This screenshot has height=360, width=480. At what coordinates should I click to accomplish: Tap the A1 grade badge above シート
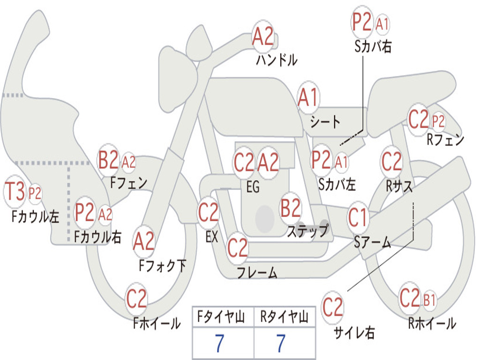click(x=308, y=97)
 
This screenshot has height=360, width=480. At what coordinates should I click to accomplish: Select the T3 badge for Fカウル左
click(x=15, y=191)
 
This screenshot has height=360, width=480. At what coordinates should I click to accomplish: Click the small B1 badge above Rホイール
click(x=429, y=300)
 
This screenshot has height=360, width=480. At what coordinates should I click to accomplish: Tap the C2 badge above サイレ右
click(x=332, y=307)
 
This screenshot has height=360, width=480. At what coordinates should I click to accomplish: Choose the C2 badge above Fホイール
click(x=136, y=299)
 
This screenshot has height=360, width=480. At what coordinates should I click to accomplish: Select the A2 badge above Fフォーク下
click(x=144, y=241)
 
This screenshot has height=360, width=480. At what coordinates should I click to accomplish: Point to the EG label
click(x=253, y=187)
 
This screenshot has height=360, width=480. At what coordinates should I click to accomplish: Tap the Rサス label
click(x=399, y=186)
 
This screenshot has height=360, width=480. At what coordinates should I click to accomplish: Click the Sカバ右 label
click(x=373, y=46)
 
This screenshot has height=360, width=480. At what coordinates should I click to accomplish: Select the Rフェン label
click(x=445, y=140)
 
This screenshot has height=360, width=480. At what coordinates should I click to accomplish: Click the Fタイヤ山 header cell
click(x=223, y=317)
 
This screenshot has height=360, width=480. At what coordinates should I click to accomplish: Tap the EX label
click(x=212, y=237)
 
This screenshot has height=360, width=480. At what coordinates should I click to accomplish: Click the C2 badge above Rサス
click(x=391, y=161)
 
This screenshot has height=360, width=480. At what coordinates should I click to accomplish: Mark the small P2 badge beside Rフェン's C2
click(x=438, y=121)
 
